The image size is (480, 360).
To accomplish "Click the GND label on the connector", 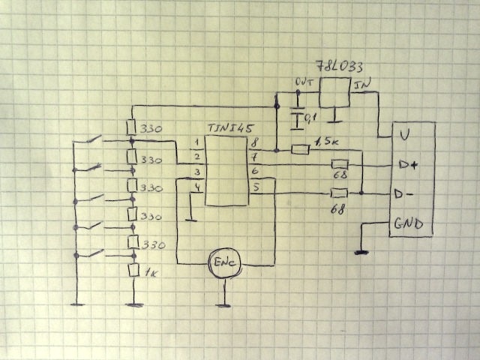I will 409,224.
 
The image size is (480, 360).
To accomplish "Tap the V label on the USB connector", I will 404,135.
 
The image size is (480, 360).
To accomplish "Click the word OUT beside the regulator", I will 304,82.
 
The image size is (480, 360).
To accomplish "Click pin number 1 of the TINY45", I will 196,142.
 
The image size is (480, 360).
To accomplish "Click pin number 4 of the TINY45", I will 196,187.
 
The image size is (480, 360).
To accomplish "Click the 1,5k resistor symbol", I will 300,148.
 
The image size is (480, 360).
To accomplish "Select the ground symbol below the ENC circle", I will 223,305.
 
